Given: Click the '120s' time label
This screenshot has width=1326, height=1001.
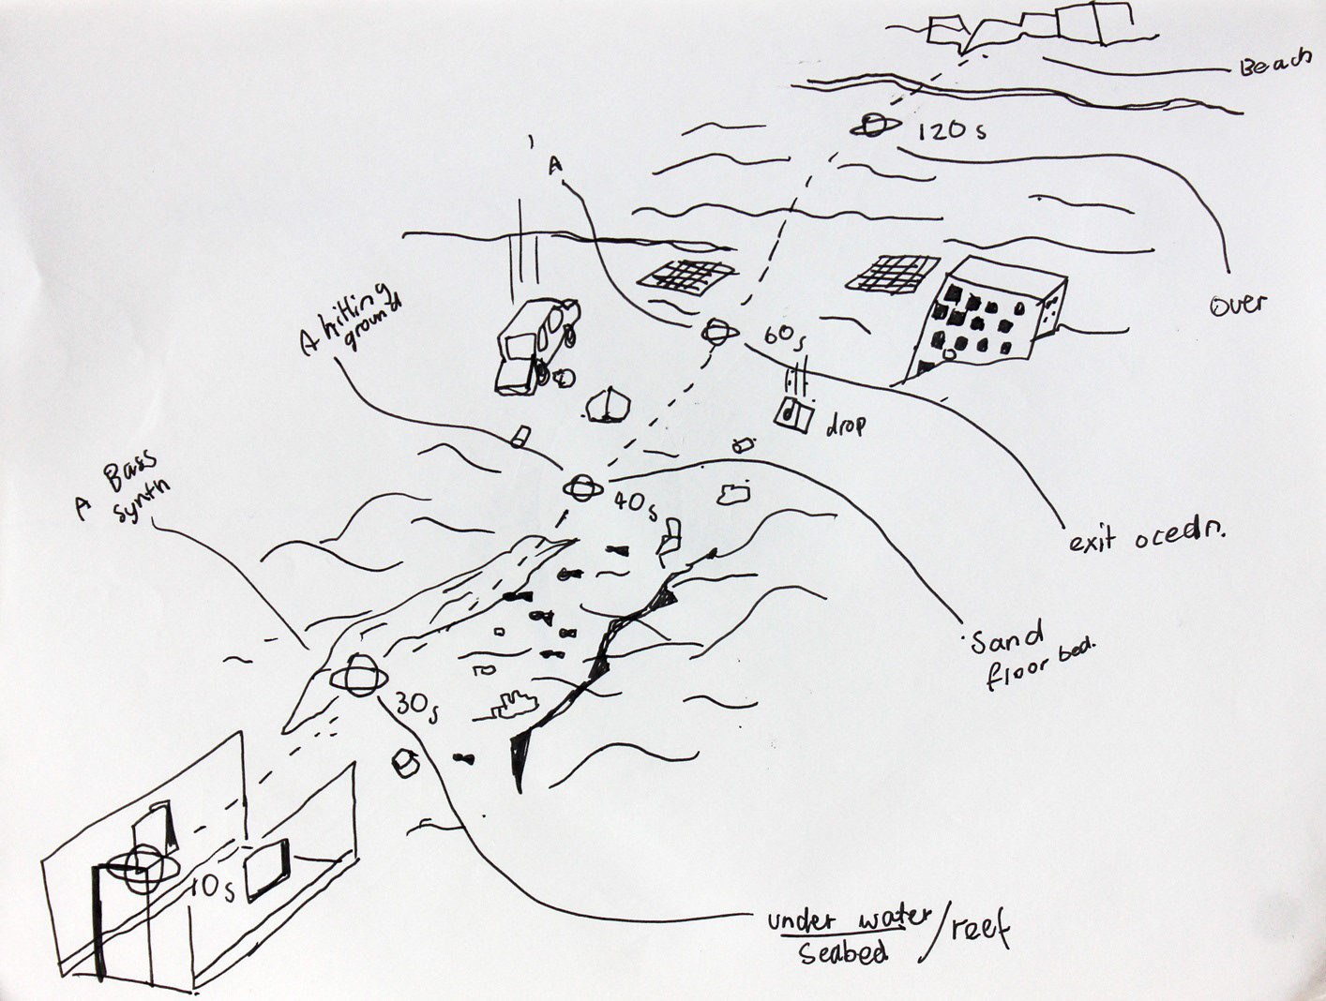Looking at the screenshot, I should click(x=951, y=130).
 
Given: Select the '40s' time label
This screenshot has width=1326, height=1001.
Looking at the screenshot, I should click(x=636, y=503).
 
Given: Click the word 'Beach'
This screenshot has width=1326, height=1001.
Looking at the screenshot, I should click(x=1274, y=65).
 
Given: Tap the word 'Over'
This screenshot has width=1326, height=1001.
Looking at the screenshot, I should click(x=1238, y=305).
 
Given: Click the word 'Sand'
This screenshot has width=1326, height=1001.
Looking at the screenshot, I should click(x=1006, y=640).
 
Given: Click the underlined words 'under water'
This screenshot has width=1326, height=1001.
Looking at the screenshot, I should click(x=849, y=918).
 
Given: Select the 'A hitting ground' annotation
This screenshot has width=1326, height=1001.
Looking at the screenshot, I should click(x=352, y=320).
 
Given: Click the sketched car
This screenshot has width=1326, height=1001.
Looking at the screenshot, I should click(x=533, y=344).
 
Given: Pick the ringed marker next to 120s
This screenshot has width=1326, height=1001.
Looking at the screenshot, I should click(x=875, y=127).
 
